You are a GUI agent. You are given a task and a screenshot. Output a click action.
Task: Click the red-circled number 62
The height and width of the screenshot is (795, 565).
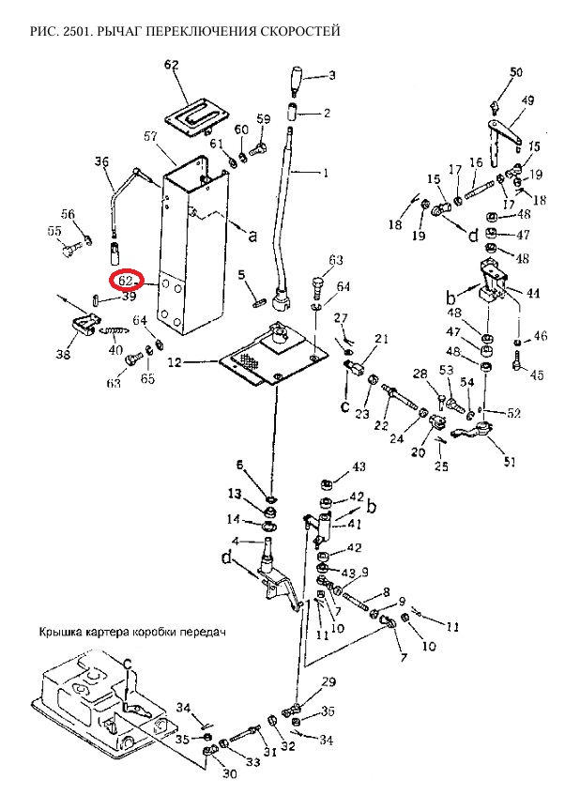point(126,280)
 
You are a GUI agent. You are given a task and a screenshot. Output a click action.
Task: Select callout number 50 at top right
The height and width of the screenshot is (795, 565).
point(516,72)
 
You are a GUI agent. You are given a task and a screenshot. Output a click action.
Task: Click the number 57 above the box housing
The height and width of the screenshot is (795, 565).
point(150,137)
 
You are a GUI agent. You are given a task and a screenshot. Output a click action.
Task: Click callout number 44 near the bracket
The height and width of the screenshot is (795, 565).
point(533,294)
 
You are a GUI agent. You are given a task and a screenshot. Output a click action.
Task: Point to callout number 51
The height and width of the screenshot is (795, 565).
point(510,461)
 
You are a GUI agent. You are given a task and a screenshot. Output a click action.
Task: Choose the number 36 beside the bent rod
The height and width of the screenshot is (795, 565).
point(102,161)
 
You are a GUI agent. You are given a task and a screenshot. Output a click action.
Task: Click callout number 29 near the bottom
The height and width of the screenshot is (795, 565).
point(328,681)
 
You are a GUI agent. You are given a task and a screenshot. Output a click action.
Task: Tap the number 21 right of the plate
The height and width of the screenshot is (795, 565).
point(381,339)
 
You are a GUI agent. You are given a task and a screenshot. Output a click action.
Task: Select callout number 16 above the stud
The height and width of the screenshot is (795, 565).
point(476,161)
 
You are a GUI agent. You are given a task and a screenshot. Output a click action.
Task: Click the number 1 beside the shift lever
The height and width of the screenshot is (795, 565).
point(326,174)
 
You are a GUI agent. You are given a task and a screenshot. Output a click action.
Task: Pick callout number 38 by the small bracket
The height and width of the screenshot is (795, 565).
point(64,355)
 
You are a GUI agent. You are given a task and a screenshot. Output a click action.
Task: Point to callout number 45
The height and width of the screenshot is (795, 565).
point(537,375)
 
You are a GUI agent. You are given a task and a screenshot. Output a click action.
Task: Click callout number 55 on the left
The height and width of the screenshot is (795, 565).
point(53,232)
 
